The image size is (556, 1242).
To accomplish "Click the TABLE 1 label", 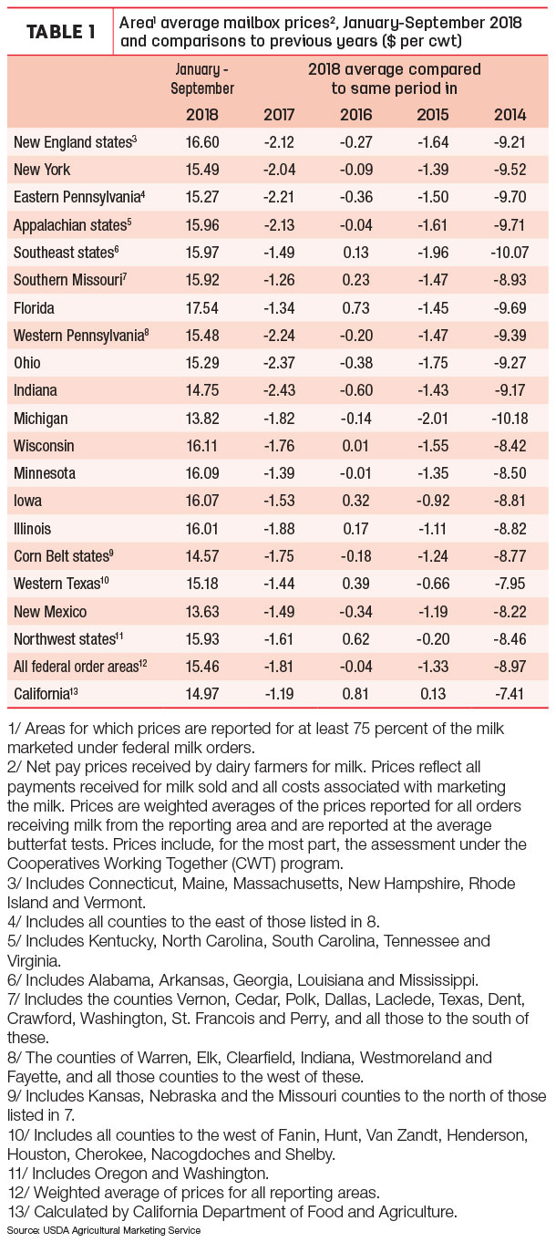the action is tap(60, 32).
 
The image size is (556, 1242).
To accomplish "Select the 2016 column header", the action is tap(355, 115).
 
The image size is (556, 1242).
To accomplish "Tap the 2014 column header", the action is tap(510, 115).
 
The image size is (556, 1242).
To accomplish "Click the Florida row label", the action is tap(34, 307).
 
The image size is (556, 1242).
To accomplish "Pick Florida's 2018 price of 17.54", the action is tap(202, 307).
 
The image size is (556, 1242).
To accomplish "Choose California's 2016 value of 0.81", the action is tap(355, 694).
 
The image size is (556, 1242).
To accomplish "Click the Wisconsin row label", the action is tap(44, 446).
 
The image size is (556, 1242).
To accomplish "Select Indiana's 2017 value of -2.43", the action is tap(279, 390).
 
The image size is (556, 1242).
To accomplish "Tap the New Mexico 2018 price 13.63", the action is tap(202, 612).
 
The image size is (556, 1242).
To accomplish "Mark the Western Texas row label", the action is tap(61, 584).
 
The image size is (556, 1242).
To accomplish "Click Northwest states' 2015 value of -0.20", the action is tap(433, 638).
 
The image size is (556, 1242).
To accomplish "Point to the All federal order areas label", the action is tap(80, 666).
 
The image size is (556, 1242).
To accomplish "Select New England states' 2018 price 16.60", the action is tap(202, 142).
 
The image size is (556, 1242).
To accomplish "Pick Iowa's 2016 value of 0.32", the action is tap(355, 501).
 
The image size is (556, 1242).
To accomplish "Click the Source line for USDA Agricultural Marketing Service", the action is tap(104, 1230).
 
